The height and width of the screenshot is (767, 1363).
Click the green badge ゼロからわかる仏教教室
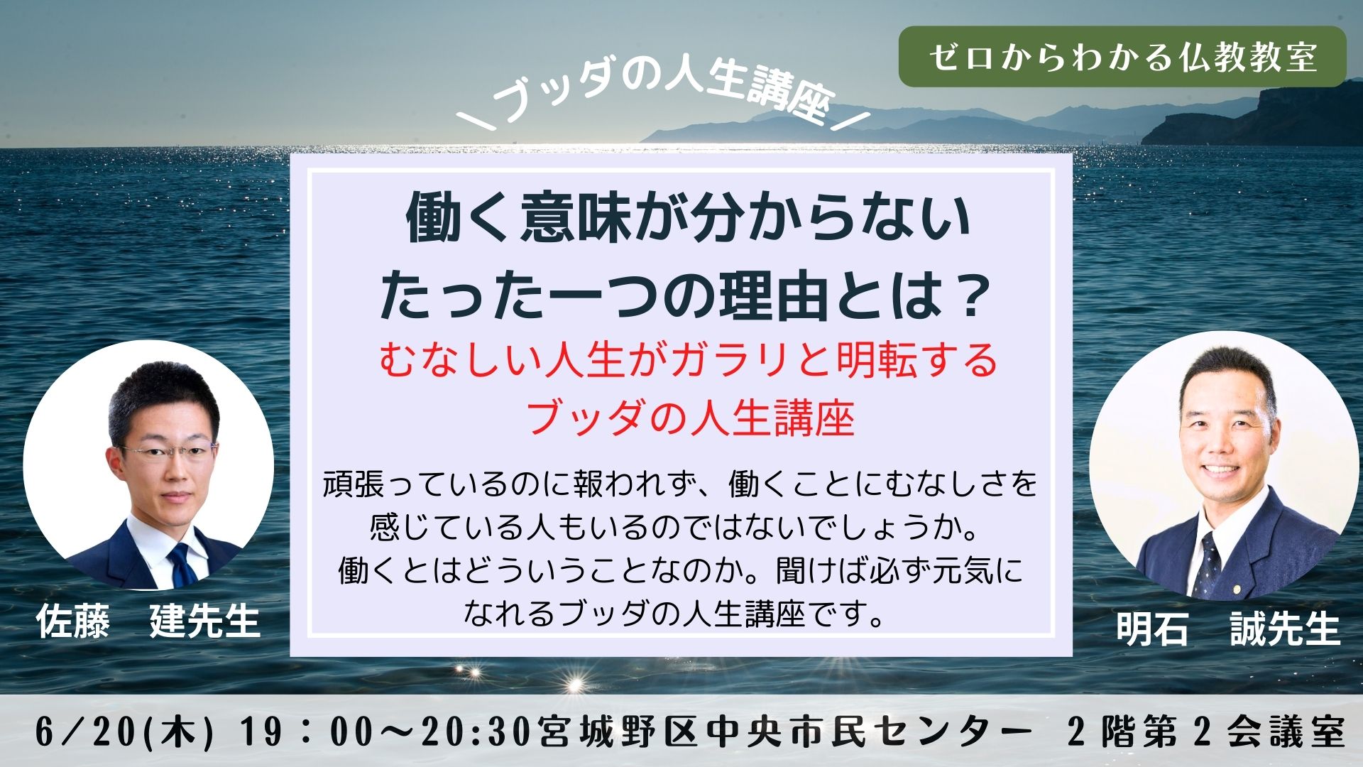(x=1122, y=57)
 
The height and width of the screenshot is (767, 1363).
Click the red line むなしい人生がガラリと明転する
(x=687, y=360)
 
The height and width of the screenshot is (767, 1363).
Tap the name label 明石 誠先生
(x=1227, y=629)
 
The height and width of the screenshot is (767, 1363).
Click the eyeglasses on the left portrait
(x=168, y=453)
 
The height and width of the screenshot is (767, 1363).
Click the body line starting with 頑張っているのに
(x=680, y=484)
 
